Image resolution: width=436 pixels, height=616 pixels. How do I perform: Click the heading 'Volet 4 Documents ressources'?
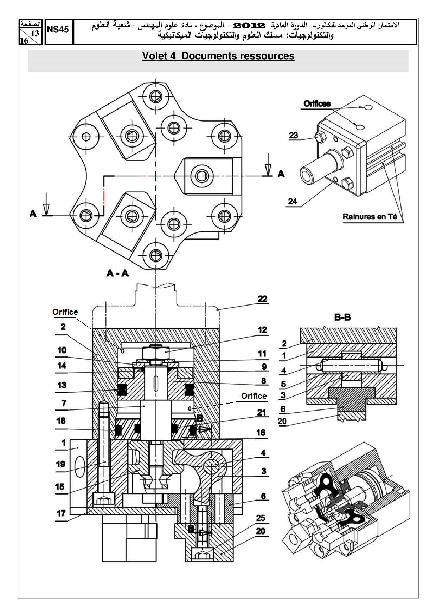(x=218, y=56)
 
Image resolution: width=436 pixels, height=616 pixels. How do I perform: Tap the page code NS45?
(x=58, y=30)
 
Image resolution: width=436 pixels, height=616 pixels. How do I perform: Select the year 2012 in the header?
(x=249, y=26)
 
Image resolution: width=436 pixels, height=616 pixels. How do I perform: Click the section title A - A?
(x=118, y=273)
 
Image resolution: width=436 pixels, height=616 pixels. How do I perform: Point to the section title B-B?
(x=342, y=317)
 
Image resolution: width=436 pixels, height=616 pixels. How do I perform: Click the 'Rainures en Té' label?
(x=370, y=217)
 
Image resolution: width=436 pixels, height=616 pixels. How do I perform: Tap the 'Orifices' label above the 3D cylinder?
(x=317, y=104)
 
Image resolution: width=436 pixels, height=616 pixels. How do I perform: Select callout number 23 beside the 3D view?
(x=293, y=135)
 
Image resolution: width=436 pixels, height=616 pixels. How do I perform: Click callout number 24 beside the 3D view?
(x=293, y=201)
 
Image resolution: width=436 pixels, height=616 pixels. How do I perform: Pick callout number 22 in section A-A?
(x=263, y=299)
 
